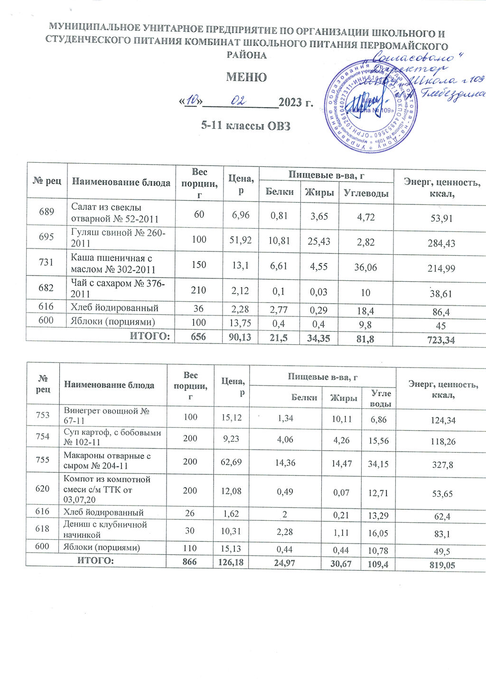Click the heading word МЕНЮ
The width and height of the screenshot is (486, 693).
point(246,77)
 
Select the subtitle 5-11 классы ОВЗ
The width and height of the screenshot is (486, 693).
point(245,126)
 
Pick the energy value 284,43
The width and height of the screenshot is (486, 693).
point(441,243)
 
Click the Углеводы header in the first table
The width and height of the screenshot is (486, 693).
point(366,193)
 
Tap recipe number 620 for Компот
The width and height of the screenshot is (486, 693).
point(43,488)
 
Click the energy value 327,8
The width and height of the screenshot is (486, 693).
point(442,465)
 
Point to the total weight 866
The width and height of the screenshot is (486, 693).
point(190,562)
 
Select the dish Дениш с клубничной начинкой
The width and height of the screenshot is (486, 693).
point(105,529)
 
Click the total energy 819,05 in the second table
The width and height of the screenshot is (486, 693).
point(442,565)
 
